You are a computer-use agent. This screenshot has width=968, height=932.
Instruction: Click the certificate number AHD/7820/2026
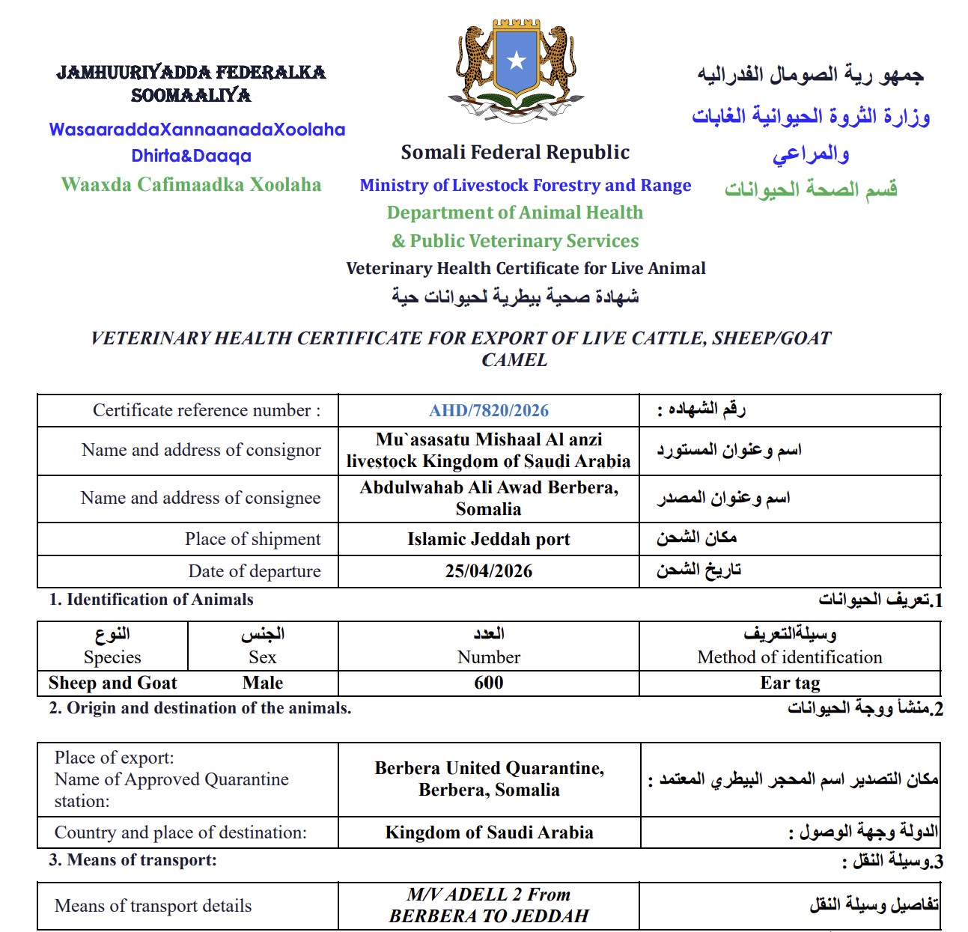point(488,410)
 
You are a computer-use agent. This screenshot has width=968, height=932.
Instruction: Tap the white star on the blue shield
point(517,61)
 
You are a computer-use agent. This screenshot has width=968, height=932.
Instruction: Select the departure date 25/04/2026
point(488,571)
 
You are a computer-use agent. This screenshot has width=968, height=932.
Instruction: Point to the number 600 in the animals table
point(488,683)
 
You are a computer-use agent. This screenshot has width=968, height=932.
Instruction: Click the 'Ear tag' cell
point(790,683)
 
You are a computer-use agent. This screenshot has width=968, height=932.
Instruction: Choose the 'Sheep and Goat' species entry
point(112,683)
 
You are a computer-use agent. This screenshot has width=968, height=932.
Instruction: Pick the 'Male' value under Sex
point(263,683)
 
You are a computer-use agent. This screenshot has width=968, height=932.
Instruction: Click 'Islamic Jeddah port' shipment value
point(488,539)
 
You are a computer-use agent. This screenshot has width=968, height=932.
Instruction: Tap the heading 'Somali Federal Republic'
point(515,153)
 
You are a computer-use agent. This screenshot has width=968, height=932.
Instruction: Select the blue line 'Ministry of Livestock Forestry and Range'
point(525,185)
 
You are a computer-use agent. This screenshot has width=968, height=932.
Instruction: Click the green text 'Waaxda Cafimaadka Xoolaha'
point(191,185)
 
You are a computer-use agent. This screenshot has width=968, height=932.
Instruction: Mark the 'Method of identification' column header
point(790,657)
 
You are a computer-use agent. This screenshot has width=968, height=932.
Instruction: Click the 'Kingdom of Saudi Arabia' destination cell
point(489,832)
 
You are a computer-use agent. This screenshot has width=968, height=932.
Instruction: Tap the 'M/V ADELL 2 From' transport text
point(488,895)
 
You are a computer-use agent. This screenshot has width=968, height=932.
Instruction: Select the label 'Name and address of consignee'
point(201,498)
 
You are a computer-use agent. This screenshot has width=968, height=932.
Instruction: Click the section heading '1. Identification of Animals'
point(151,600)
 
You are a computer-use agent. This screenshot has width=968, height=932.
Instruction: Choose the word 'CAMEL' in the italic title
point(514,360)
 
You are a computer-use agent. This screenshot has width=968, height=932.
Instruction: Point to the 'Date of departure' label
point(255,571)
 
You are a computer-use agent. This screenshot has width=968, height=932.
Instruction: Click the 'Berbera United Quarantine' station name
point(489,768)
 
